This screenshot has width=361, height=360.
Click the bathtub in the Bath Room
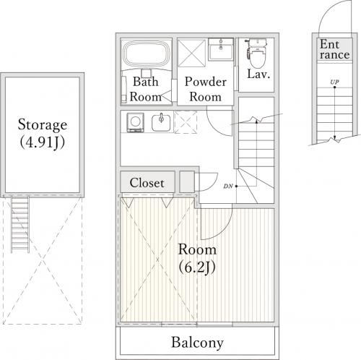coord(147,54)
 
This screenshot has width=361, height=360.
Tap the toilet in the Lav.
coord(257,53)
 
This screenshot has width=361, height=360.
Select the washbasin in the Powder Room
coord(221,50)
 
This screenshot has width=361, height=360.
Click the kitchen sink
coord(161,122)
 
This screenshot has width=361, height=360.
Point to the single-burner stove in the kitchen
coord(135,123)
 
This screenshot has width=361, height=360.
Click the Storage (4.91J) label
coord(43,134)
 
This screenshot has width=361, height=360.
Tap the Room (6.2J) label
coord(197,258)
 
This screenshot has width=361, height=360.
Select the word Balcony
coord(197,343)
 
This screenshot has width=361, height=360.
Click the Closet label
coord(147,183)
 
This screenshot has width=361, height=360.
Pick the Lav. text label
coord(258,74)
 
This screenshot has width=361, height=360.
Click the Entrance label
coord(334,49)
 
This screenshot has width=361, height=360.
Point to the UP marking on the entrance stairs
coord(334,82)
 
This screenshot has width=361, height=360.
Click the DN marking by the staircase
coord(228,186)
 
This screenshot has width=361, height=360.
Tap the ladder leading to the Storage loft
coord(20,225)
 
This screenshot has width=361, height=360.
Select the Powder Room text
coord(205,89)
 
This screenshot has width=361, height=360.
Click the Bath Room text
coord(146,89)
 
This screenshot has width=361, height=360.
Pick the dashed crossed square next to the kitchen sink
coord(186,122)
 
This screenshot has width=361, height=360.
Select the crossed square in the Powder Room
coord(191,53)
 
